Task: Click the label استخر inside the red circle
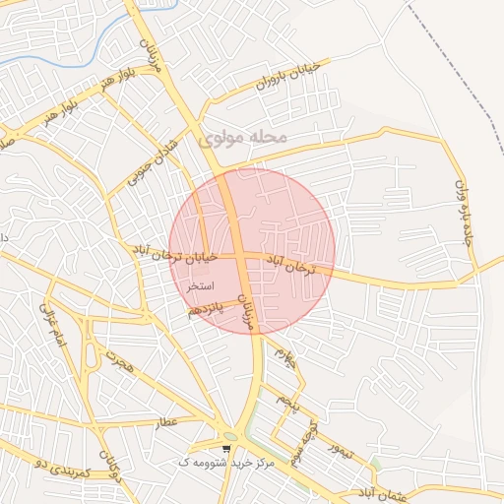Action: pos(200,284)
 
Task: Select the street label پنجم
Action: pos(286,403)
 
